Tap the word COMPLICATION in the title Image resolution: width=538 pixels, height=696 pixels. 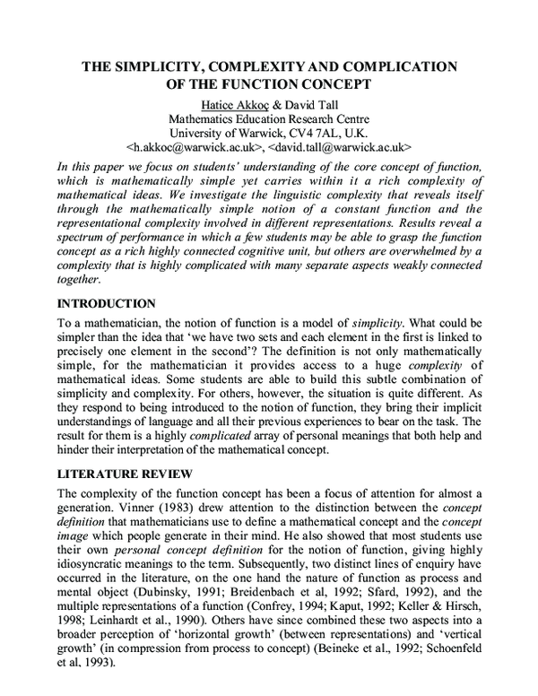click(x=384, y=67)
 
